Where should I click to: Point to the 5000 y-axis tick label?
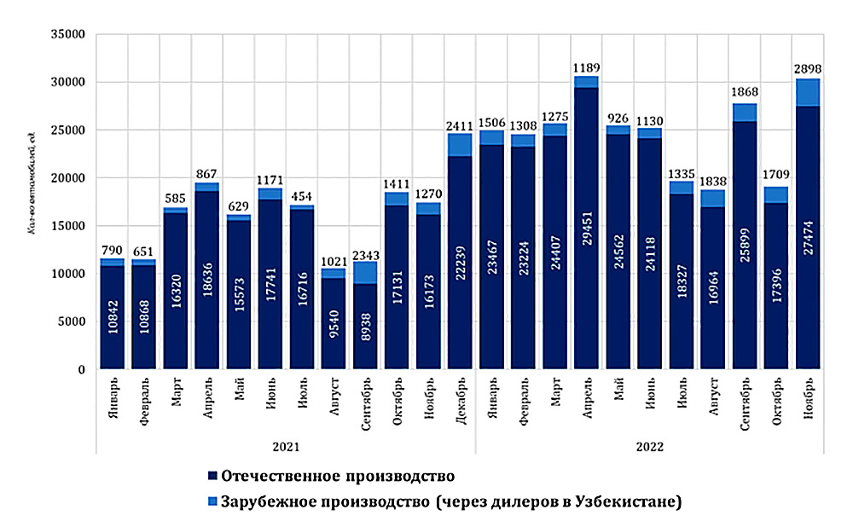[71, 322]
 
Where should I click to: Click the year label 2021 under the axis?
[285, 446]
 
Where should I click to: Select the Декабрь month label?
[460, 406]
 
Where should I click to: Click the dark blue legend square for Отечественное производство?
[210, 474]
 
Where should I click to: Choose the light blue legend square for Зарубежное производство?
[210, 501]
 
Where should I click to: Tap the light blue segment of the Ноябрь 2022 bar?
[809, 92]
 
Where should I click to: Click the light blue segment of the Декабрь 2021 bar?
[460, 145]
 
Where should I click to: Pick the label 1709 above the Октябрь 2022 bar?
[775, 175]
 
